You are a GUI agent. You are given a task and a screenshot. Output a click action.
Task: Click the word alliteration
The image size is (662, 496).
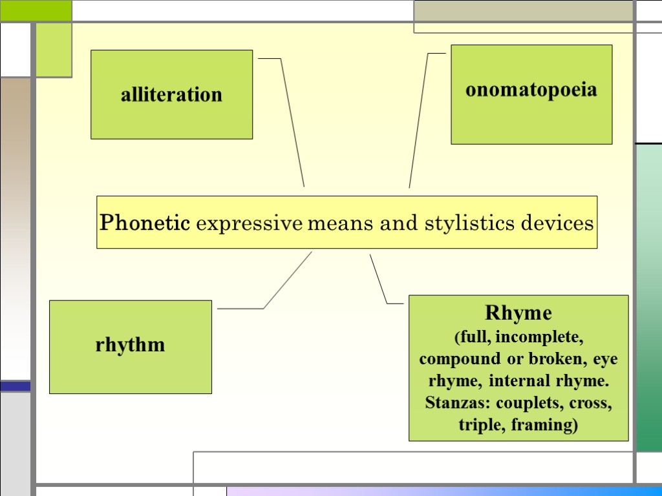(171, 95)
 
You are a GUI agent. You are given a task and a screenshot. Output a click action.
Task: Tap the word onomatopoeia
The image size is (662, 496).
(531, 89)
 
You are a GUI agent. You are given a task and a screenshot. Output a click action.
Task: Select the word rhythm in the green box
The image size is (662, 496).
(130, 345)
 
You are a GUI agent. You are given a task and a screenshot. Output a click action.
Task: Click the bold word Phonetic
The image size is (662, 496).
(145, 223)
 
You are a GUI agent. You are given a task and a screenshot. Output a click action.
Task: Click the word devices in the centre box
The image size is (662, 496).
(557, 223)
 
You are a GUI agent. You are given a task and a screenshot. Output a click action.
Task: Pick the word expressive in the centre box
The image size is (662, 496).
(249, 224)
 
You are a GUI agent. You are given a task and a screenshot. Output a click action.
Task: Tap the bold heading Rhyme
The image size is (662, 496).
(518, 314)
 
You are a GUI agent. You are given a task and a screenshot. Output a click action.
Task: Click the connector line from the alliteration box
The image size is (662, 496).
(292, 123)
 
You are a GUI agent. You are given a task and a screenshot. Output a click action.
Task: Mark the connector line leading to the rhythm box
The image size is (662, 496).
(287, 280)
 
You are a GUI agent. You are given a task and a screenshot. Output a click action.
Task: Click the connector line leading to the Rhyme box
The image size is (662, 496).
(378, 277)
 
